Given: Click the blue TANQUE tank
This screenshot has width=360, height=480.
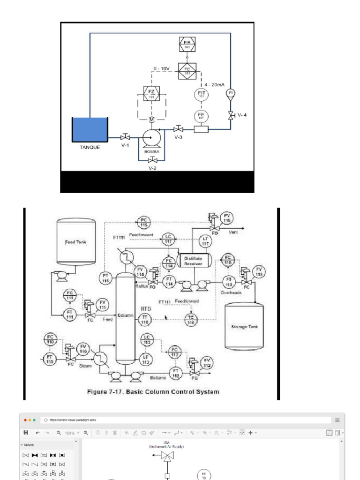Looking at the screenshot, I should pos(90,129).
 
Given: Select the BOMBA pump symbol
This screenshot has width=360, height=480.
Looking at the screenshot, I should pos(151,138).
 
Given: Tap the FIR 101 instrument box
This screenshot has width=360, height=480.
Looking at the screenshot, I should pos(187,45).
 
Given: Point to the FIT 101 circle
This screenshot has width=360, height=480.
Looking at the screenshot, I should pos(202,94).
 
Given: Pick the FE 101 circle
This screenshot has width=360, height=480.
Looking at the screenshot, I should pos(202,116).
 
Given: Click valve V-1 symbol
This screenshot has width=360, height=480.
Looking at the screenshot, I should pos(125,137).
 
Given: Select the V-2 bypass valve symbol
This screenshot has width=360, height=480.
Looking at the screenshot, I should pos(151,160).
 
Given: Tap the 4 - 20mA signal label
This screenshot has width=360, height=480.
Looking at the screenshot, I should pos(214,85).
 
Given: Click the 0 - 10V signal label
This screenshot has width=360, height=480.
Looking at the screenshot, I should pos(162,68).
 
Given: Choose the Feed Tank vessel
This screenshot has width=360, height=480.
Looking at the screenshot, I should pos(75,241).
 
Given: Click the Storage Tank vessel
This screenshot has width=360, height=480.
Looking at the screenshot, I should pos(244,327).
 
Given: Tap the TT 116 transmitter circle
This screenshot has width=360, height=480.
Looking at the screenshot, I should pos(144,319).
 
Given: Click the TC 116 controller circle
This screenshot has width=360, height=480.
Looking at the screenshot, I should pos(191,320).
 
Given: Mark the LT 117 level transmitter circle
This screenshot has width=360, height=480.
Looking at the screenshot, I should pos(205,241).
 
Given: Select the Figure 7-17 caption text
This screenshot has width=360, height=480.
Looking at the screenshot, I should pos(153,391).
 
